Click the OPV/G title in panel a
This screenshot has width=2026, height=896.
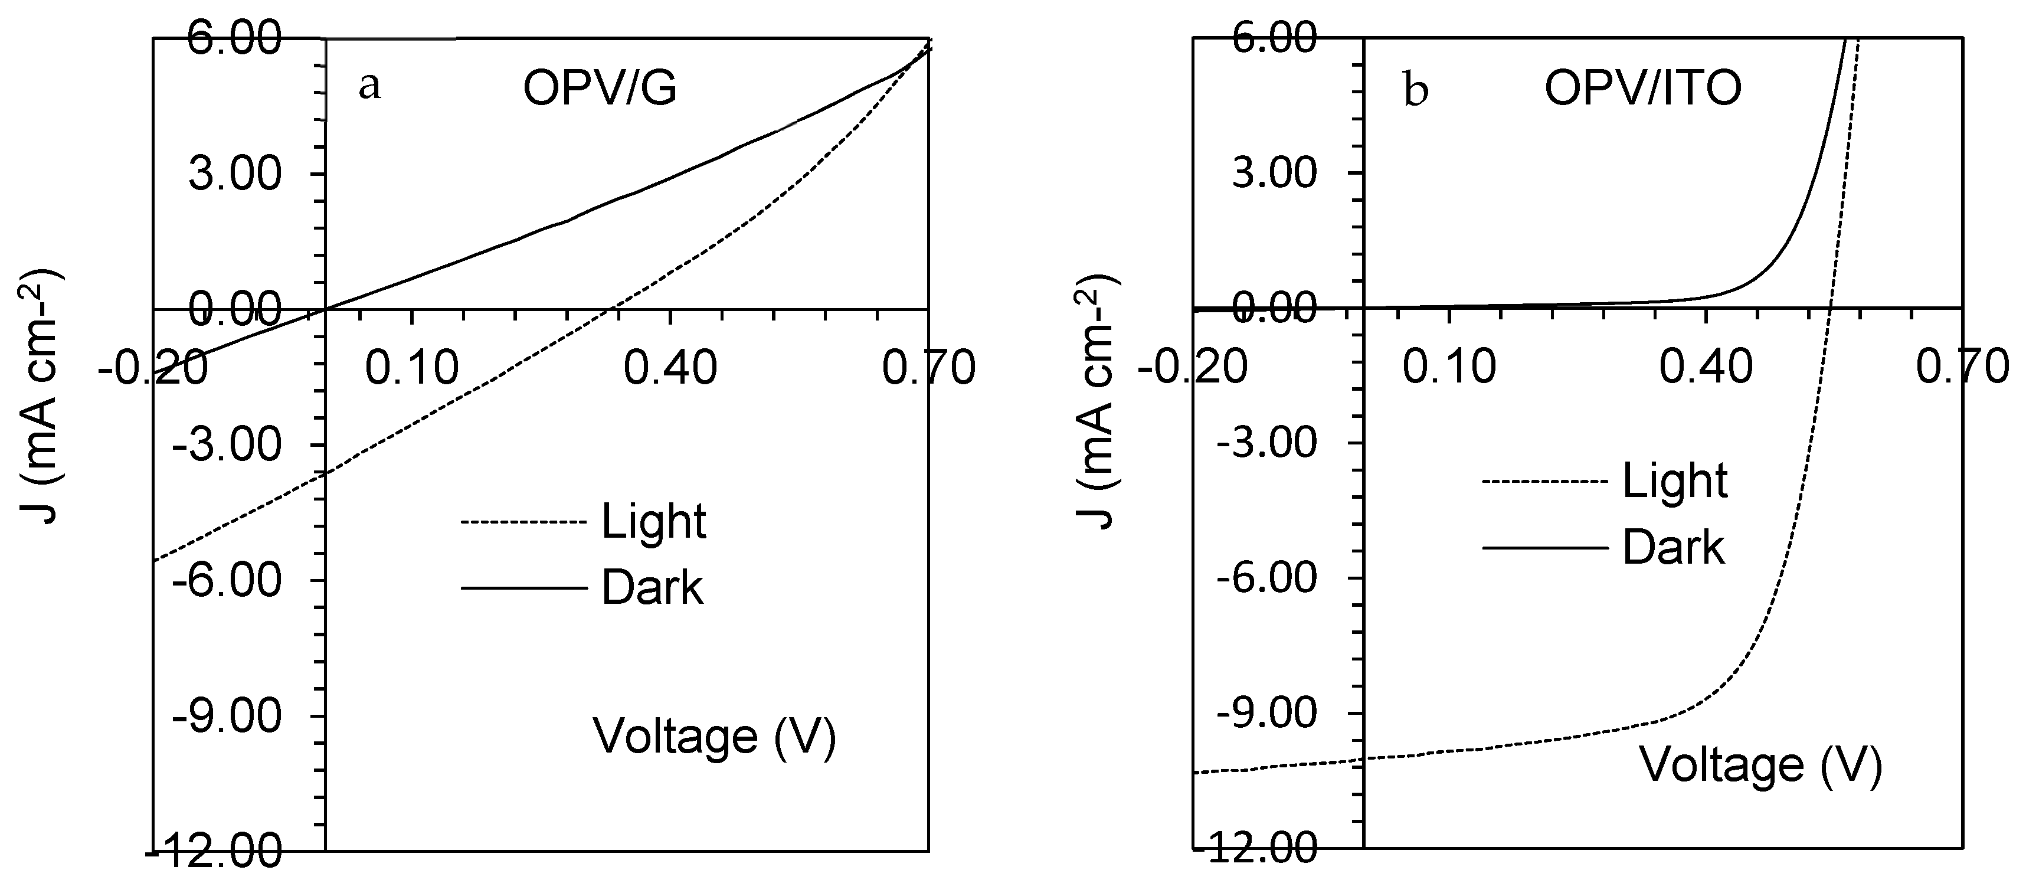pos(600,90)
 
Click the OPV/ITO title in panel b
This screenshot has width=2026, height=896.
pos(1643,89)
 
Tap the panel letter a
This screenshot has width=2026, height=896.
pos(369,87)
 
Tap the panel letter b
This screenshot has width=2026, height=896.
pos(1416,91)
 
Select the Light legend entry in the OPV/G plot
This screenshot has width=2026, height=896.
pos(653,522)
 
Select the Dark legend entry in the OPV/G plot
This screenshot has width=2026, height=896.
pos(652,588)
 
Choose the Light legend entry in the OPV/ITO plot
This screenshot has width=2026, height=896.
pos(1674,482)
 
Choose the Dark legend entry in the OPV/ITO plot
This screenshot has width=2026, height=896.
pos(1673,548)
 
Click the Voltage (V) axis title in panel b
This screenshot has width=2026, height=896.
pos(1760,766)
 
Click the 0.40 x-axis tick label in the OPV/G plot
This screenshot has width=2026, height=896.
pos(670,367)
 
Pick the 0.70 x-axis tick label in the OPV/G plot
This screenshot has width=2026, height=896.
pos(928,367)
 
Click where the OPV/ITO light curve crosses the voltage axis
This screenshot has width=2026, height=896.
pos(1831,308)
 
